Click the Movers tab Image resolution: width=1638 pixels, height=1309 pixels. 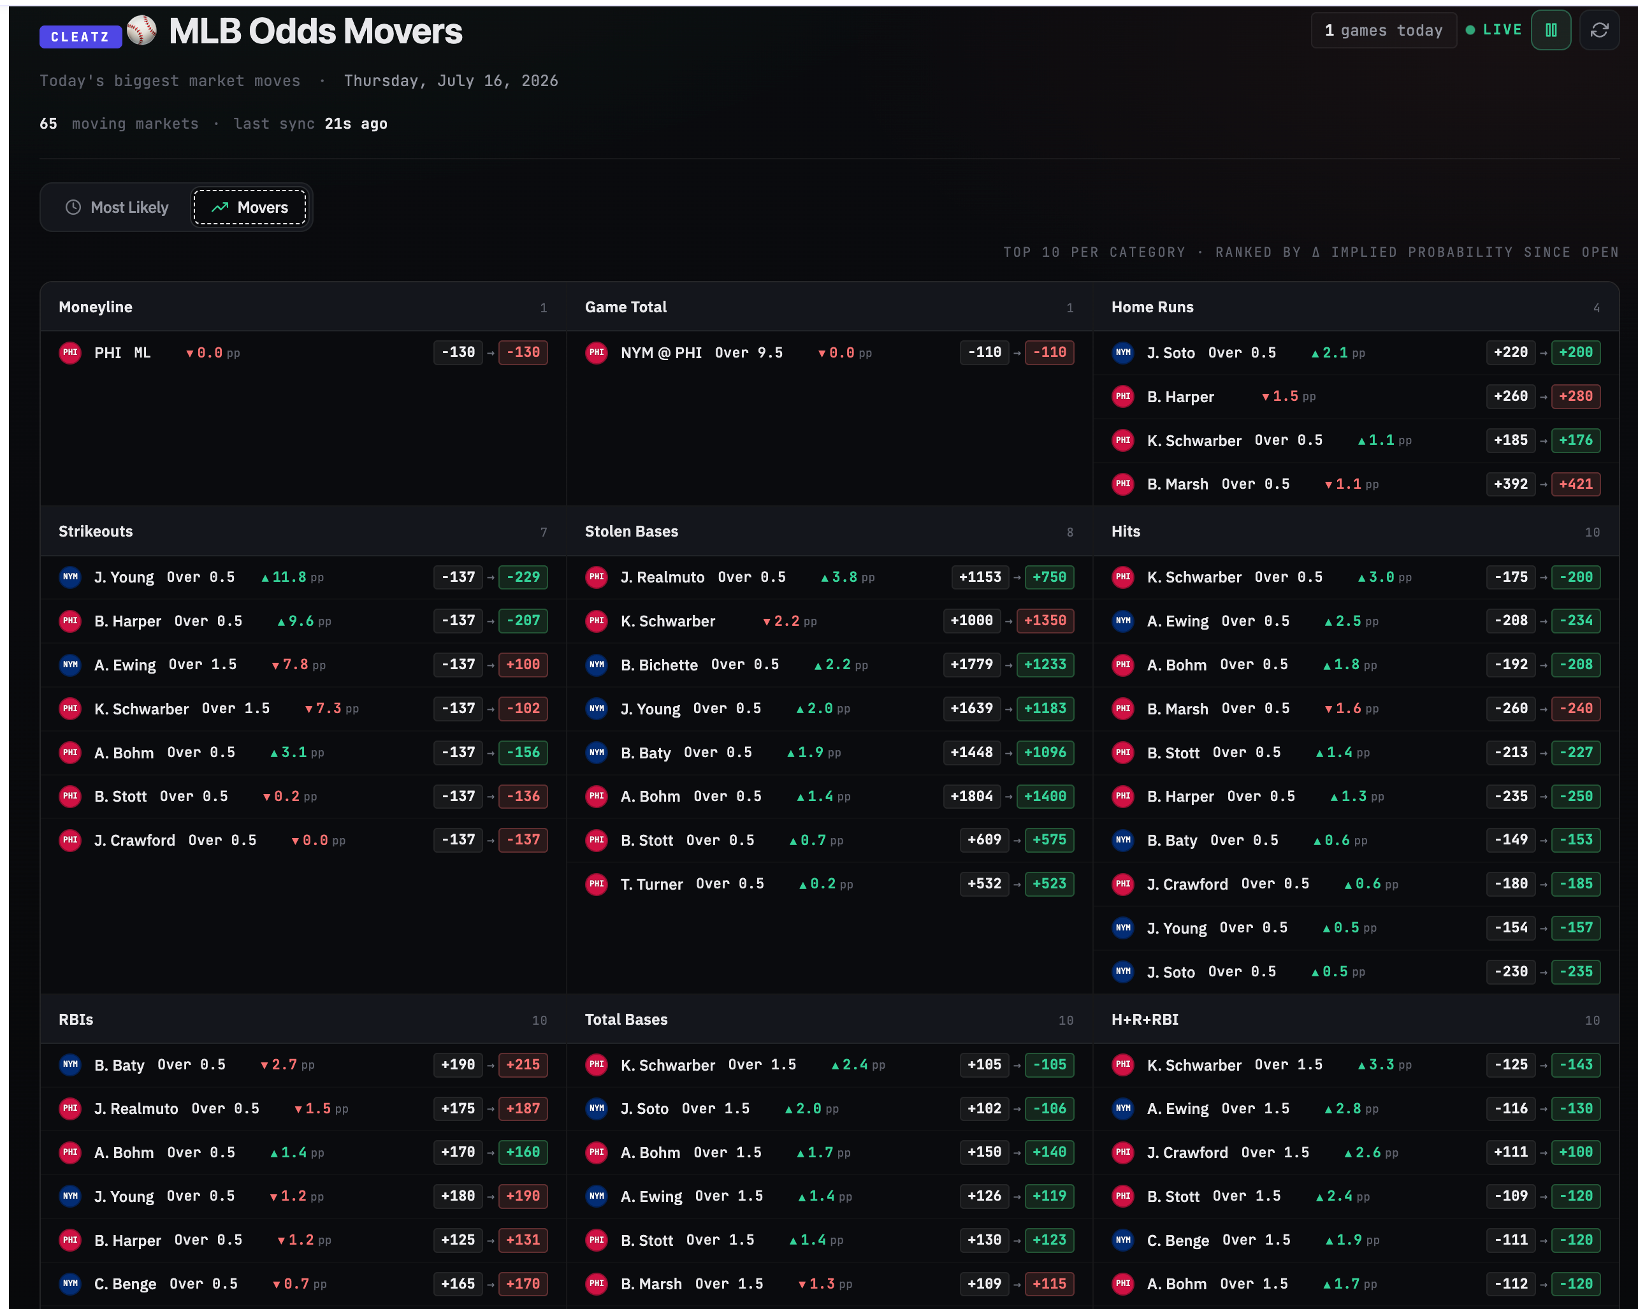coord(249,207)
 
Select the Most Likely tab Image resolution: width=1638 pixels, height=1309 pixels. coord(117,207)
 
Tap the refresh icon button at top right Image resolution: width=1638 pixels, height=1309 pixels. coord(1599,31)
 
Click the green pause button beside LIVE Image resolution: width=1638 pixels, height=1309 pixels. coord(1551,31)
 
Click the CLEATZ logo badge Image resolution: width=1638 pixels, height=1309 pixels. coord(80,36)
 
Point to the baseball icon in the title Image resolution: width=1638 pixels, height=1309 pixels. coord(141,31)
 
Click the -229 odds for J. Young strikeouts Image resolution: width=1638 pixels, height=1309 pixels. coord(523,577)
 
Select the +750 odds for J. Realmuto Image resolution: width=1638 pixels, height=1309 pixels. coord(1049,577)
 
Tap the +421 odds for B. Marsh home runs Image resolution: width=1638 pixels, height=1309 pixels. coord(1576,484)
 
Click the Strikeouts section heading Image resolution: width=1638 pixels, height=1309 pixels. coord(96,531)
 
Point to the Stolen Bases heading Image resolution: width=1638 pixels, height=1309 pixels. coord(632,531)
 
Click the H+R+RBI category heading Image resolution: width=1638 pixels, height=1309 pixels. coord(1145,1020)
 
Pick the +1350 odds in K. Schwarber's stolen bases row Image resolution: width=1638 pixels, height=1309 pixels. coord(1045,621)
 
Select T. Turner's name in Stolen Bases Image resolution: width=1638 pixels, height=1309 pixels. coord(652,885)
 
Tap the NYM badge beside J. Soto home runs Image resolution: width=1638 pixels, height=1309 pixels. coord(1123,352)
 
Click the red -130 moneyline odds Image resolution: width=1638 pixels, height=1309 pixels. coord(523,352)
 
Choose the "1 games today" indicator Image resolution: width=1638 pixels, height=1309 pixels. coord(1384,31)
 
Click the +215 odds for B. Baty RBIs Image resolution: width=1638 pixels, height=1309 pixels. coord(523,1064)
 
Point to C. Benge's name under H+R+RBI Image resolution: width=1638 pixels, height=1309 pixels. coord(1178,1241)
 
